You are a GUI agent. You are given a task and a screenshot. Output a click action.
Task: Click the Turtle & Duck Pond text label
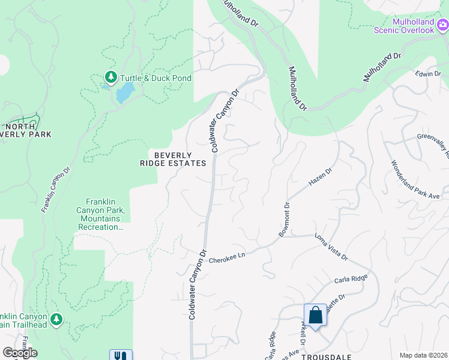point(155,78)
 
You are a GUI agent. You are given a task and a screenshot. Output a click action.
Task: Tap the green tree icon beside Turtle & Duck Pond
point(110,77)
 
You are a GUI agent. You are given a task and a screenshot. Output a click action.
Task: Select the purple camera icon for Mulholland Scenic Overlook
point(442,25)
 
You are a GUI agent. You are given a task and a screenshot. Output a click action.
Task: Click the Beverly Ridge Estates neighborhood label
point(176,158)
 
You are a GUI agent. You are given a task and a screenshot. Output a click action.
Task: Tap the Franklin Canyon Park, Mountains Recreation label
point(105,214)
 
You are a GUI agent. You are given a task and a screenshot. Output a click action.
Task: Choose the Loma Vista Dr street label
point(331,247)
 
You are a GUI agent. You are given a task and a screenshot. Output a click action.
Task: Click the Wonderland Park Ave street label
point(416,179)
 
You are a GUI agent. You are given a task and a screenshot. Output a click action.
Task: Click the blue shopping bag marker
point(315,315)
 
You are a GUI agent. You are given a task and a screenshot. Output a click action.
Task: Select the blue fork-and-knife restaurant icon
point(120,355)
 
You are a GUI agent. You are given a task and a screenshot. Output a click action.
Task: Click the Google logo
point(20,353)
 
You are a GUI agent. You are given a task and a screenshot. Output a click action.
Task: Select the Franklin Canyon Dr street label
point(52,188)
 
